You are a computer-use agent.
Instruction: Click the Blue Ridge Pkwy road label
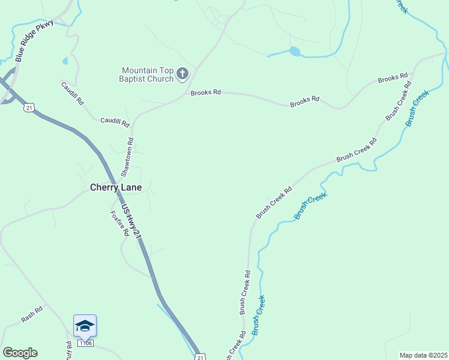pos(34,41)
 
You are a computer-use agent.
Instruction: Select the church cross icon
pos(182,74)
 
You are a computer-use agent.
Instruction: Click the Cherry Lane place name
pos(116,187)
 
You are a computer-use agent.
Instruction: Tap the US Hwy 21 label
pos(131,223)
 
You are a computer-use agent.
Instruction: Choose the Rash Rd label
pos(32,314)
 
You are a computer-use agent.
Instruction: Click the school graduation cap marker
pos(85,326)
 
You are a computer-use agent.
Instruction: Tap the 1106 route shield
pos(85,344)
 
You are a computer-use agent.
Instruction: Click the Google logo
pos(20,353)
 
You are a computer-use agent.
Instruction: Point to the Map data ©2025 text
pos(423,355)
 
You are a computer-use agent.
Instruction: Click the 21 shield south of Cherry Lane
pos(199,356)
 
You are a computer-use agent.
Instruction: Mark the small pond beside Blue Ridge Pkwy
pos(65,61)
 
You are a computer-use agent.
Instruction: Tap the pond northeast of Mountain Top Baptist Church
pos(294,52)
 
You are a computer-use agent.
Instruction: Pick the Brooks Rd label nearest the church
pos(206,92)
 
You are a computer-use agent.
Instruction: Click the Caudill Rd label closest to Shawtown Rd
pos(115,122)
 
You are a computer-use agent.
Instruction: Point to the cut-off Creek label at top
pos(400,6)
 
